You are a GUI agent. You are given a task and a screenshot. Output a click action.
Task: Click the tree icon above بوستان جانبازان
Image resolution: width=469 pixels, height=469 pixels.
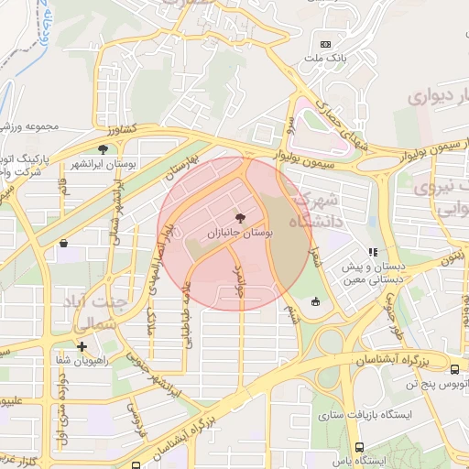(241, 218)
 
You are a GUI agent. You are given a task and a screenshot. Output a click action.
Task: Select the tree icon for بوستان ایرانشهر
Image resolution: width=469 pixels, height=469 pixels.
(103, 148)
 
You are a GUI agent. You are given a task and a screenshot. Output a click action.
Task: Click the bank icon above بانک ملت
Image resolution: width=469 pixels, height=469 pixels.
(324, 44)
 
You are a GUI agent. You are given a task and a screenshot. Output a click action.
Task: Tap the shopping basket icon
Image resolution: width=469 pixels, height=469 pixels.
(63, 244)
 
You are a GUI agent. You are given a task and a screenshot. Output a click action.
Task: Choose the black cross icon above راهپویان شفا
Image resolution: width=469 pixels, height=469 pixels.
(82, 346)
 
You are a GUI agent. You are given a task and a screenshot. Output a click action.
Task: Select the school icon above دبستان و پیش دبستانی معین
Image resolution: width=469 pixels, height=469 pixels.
(372, 251)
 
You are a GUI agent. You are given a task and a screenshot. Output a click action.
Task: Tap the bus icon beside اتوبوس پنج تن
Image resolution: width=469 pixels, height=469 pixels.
(455, 369)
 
